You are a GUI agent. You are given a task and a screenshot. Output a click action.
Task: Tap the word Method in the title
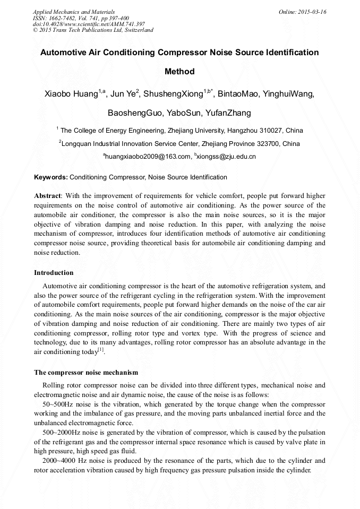click(179, 72)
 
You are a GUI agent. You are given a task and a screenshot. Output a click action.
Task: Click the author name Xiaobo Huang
click(71, 94)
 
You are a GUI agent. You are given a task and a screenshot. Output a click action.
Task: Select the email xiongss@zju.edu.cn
click(226, 157)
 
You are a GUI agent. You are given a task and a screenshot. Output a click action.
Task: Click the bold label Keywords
click(51, 177)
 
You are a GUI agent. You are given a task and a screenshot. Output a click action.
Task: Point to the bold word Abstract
click(48, 196)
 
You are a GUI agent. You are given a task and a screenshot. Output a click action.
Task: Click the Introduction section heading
click(54, 273)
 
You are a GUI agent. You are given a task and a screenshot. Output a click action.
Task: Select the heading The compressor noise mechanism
click(86, 373)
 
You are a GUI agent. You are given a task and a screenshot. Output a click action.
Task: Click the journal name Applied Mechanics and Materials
click(74, 12)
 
